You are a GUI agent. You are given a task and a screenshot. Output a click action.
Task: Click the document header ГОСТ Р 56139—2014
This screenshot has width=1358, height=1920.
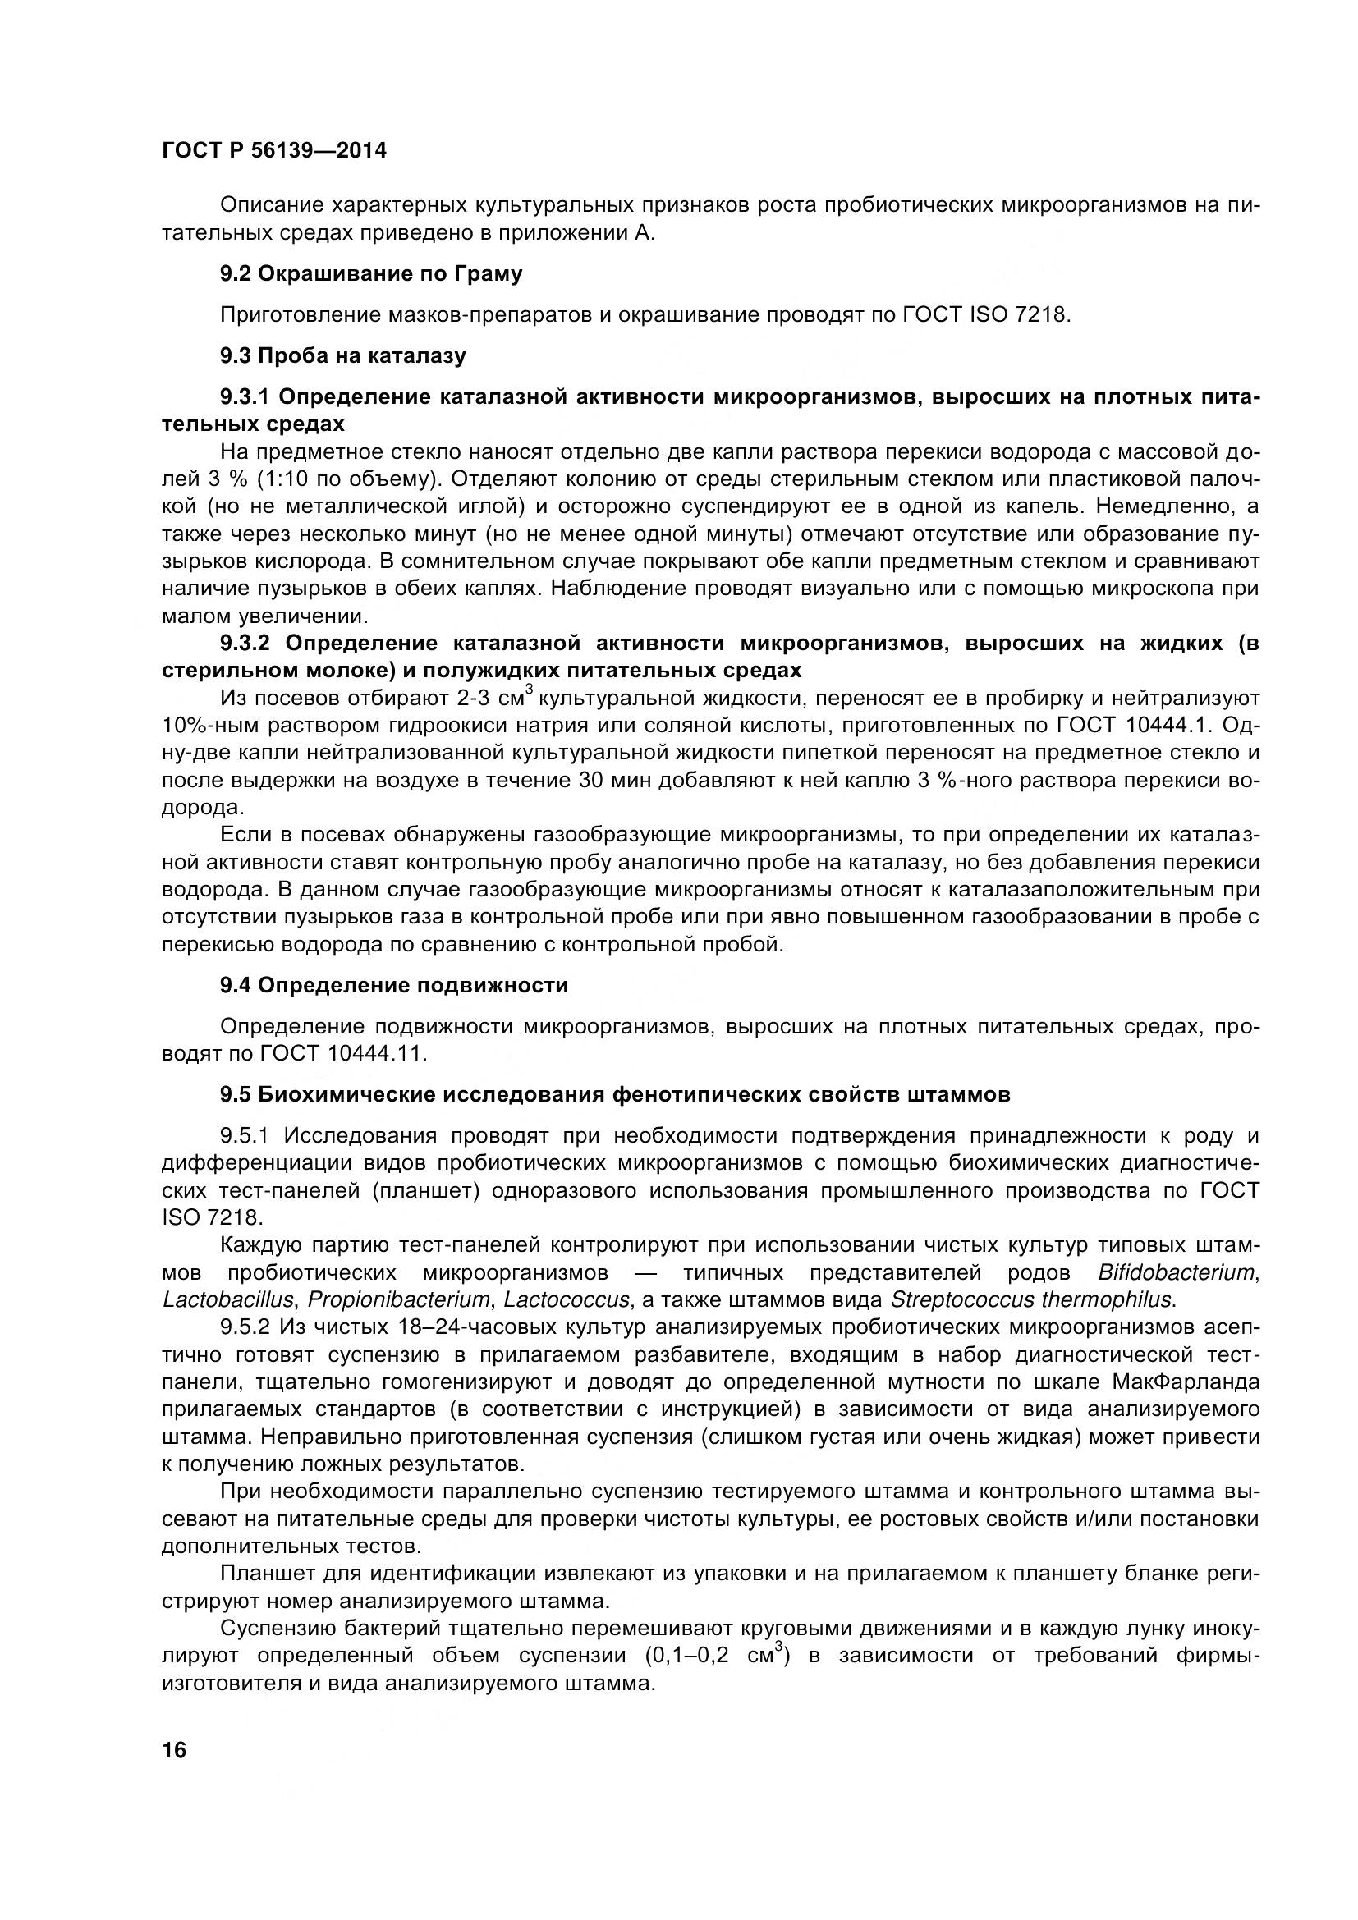tap(274, 151)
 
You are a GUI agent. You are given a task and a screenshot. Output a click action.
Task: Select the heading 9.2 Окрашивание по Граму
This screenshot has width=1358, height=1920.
tap(371, 273)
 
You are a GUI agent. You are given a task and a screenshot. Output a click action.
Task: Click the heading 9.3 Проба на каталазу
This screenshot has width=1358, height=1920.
tap(343, 355)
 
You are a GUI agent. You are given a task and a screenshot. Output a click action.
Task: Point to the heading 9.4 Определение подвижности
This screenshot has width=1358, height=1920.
tap(394, 985)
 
